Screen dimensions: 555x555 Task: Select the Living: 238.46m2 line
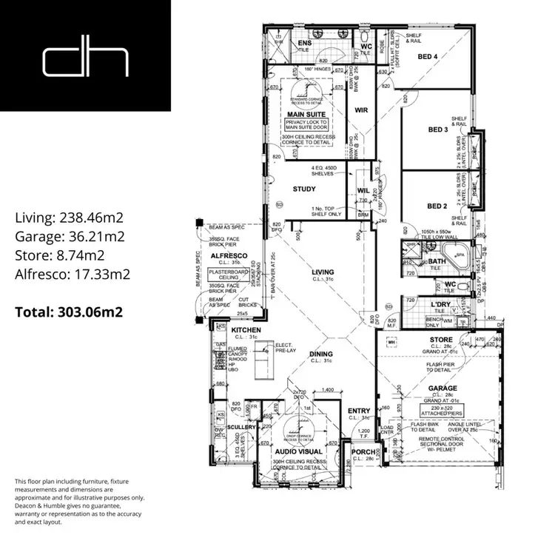pyautogui.click(x=69, y=218)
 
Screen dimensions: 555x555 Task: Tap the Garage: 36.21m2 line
pyautogui.click(x=69, y=237)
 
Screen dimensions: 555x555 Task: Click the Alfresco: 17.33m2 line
pyautogui.click(x=73, y=274)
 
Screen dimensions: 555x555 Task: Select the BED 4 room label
pyautogui.click(x=428, y=57)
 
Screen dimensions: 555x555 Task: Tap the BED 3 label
pyautogui.click(x=438, y=129)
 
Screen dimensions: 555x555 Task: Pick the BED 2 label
pyautogui.click(x=438, y=206)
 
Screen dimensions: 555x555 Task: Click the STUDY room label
pyautogui.click(x=304, y=189)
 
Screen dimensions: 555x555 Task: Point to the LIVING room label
pyautogui.click(x=323, y=272)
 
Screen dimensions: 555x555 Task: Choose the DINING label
pyautogui.click(x=322, y=354)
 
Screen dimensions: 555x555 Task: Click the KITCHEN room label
pyautogui.click(x=245, y=329)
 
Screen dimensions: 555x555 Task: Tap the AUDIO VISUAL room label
pyautogui.click(x=298, y=450)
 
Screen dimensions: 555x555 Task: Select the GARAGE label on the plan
pyautogui.click(x=442, y=388)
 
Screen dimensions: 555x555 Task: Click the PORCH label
pyautogui.click(x=363, y=451)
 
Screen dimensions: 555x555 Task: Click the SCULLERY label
pyautogui.click(x=242, y=427)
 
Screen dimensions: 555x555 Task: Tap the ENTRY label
pyautogui.click(x=360, y=411)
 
